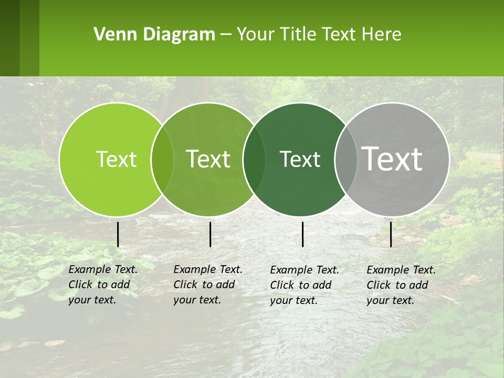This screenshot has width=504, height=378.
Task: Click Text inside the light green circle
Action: [x=116, y=159]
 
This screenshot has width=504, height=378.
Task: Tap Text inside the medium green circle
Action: [x=208, y=159]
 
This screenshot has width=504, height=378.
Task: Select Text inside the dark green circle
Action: [x=300, y=159]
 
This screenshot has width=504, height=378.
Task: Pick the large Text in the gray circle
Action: [x=392, y=159]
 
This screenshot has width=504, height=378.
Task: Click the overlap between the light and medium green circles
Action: [x=162, y=160]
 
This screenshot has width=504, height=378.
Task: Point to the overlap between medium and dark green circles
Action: [x=254, y=160]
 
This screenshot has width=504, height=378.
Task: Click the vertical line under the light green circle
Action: [x=118, y=234]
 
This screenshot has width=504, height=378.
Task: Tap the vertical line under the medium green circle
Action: [x=210, y=234]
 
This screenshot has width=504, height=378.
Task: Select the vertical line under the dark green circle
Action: [x=303, y=234]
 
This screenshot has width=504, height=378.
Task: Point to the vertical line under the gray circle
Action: [x=391, y=234]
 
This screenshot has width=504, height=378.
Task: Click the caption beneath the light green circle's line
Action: [x=103, y=285]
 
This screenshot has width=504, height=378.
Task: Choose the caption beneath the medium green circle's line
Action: [x=208, y=285]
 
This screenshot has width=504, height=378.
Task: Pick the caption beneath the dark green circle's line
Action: [x=304, y=285]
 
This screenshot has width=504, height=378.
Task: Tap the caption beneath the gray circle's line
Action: [x=401, y=285]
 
